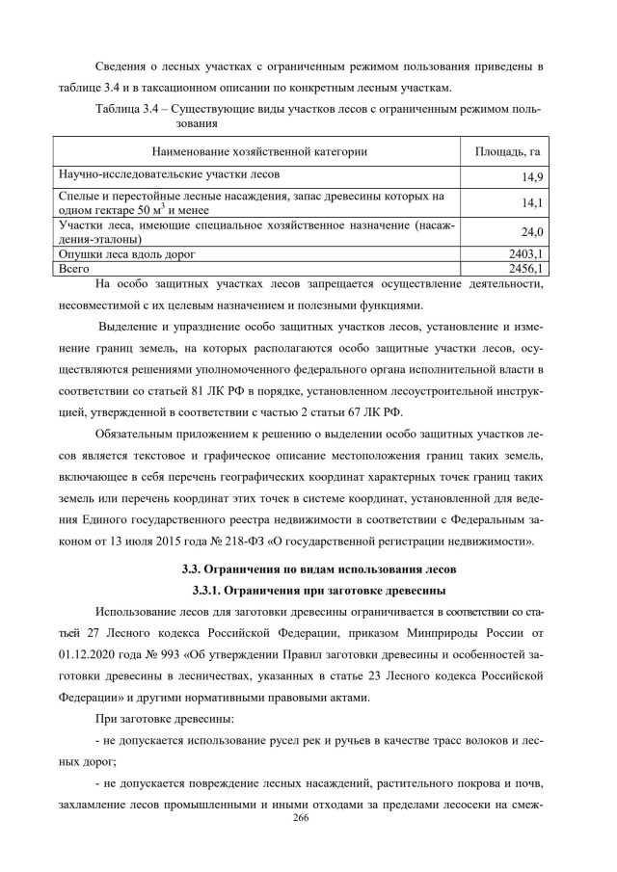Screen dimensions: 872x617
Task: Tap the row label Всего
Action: pos(74,269)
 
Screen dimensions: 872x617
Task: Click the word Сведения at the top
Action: pos(122,66)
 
